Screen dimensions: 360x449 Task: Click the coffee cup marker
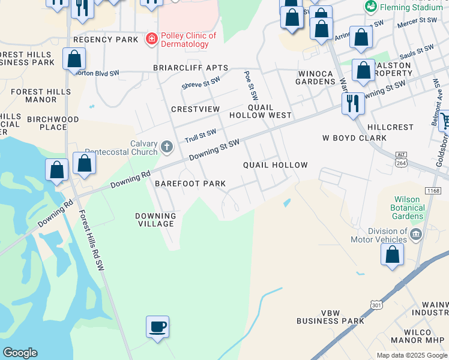tap(157, 328)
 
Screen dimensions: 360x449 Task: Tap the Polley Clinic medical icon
tap(152, 39)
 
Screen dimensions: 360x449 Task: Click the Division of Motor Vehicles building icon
tap(416, 233)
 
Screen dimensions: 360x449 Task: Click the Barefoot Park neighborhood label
tap(190, 184)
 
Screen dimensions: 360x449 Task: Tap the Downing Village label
tap(155, 220)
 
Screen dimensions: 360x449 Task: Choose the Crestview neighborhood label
tap(195, 109)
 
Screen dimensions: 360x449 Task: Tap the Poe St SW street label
tap(250, 85)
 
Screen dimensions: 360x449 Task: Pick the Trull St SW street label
tap(200, 135)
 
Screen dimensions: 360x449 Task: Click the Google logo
tap(20, 353)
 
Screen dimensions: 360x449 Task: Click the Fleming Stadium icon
tap(371, 7)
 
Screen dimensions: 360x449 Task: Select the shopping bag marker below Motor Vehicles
tap(392, 254)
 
